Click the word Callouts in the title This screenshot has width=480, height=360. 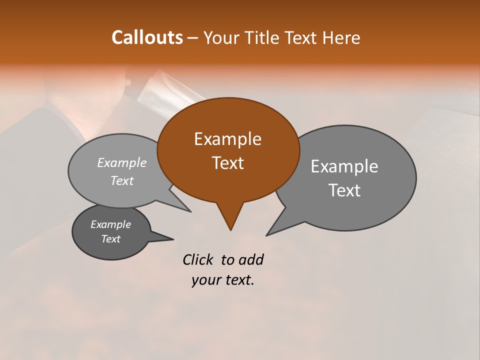147,37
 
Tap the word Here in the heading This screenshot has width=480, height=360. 342,37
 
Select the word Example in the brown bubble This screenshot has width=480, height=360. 227,139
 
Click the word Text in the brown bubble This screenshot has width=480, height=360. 227,163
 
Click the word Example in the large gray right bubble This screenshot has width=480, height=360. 344,166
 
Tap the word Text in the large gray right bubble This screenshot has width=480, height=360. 344,190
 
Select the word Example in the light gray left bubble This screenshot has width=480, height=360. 122,163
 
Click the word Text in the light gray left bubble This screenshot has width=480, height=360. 122,181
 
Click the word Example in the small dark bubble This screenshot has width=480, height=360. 110,224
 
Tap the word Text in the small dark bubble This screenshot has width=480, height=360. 110,239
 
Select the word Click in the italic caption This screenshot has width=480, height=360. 198,259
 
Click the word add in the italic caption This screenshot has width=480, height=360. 250,259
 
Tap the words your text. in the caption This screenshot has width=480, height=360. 222,280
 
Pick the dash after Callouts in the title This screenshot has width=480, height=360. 193,38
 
